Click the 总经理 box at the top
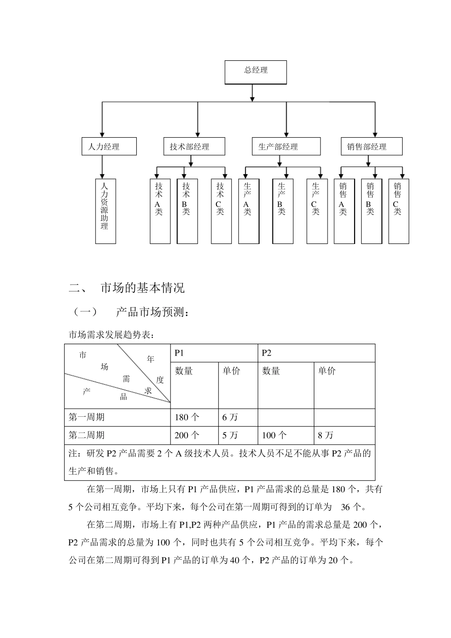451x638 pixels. (255, 72)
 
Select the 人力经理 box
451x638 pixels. (109, 147)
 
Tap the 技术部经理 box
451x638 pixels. (190, 147)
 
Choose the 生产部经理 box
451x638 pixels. (286, 147)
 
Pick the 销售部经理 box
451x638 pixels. (371, 147)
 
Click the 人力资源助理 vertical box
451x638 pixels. (105, 211)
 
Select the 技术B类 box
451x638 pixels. (187, 211)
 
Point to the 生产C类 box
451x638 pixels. (317, 211)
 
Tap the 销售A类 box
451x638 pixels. (344, 211)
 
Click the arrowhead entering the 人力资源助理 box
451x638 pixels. (102, 176)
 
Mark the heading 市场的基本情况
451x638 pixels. (142, 288)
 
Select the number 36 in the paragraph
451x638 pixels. (346, 507)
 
